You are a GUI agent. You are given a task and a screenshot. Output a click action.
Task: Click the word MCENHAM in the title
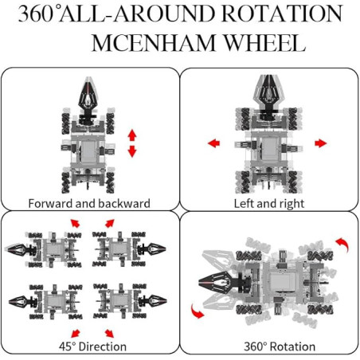154,43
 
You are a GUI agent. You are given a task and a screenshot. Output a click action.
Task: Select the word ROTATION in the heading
282,14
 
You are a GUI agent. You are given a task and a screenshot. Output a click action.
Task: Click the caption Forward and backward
89,204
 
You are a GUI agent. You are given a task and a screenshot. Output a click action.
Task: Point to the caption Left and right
269,204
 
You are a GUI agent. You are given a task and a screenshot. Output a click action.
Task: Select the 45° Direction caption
92,346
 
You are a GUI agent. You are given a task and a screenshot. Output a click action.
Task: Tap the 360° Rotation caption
280,346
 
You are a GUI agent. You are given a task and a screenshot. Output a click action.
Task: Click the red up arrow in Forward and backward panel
132,135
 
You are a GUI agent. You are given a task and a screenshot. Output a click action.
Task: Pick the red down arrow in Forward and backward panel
132,151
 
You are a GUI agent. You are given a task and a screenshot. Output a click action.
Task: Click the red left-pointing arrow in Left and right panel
213,143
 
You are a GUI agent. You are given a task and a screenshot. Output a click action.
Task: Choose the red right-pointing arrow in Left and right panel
321,143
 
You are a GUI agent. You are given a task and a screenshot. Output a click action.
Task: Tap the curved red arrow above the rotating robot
343,244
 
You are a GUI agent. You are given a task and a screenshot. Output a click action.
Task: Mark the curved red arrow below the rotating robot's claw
197,311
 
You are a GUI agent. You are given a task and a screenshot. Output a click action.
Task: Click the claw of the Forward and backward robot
88,93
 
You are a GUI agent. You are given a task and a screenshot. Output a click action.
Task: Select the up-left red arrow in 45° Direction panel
75,223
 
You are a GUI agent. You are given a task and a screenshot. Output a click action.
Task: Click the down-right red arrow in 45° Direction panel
109,334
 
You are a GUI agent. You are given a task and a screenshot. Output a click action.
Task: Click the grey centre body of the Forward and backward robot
88,151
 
